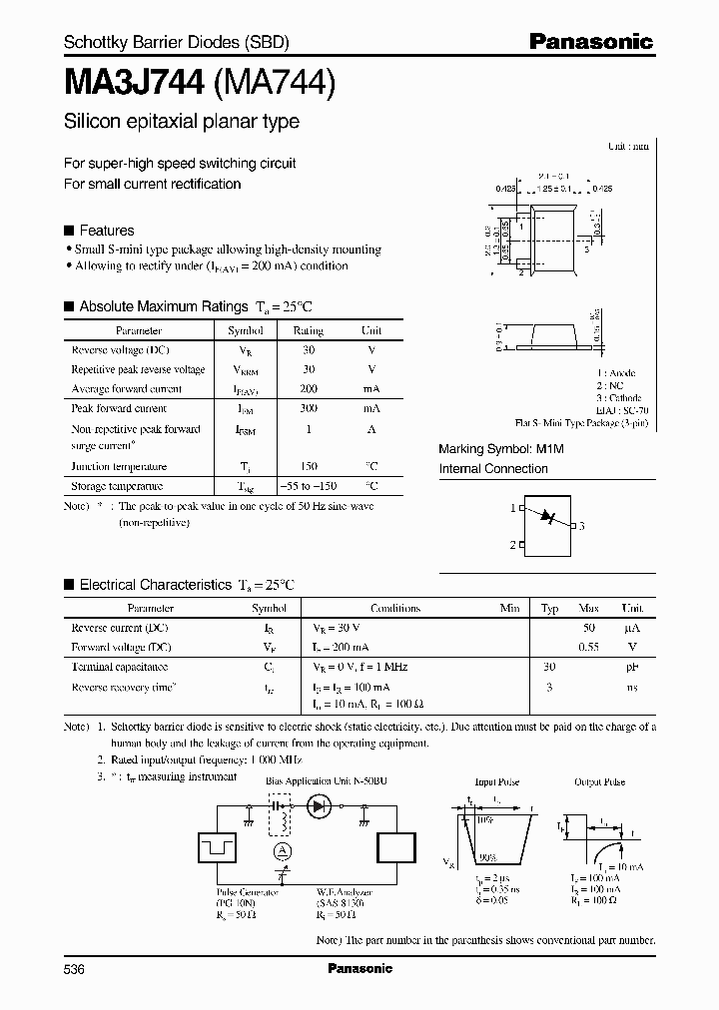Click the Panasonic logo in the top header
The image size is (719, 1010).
[590, 42]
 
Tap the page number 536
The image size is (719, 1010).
[75, 969]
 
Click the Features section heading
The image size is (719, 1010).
[106, 230]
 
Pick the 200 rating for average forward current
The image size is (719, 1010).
[308, 389]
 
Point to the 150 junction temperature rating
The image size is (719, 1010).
[308, 466]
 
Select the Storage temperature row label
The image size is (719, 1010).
[117, 486]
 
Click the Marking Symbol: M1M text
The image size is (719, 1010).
[501, 450]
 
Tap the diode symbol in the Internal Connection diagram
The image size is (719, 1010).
[546, 517]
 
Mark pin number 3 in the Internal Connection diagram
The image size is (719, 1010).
[581, 526]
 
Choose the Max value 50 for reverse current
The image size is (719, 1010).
[588, 628]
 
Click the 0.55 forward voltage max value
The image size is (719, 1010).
[588, 647]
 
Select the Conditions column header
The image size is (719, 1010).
[395, 608]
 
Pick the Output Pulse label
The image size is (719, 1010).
[599, 782]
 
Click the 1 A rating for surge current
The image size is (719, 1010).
[308, 429]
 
